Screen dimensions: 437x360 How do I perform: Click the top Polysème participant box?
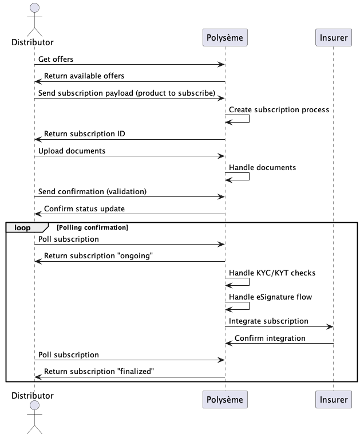225,38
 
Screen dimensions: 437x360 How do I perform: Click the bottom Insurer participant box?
334,399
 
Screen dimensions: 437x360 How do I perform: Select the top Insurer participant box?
334,38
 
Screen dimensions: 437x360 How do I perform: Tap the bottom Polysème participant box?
225,399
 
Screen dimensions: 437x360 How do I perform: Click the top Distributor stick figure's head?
34,8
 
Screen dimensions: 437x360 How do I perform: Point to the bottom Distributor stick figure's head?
34,406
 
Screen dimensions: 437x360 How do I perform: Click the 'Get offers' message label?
56,59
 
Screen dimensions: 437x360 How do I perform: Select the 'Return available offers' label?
84,76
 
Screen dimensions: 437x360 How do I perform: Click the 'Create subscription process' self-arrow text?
279,109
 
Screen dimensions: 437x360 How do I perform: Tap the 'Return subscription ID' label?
85,134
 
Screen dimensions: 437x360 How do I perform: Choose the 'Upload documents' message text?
72,151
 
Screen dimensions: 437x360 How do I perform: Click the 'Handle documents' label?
263,168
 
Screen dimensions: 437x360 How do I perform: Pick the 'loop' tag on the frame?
22,227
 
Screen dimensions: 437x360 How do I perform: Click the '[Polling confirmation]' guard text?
92,227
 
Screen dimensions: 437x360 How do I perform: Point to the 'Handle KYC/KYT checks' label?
272,273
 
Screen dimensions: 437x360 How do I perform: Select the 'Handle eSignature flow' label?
271,297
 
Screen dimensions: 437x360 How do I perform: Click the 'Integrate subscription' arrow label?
269,321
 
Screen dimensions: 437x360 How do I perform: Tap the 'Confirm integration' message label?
270,338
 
